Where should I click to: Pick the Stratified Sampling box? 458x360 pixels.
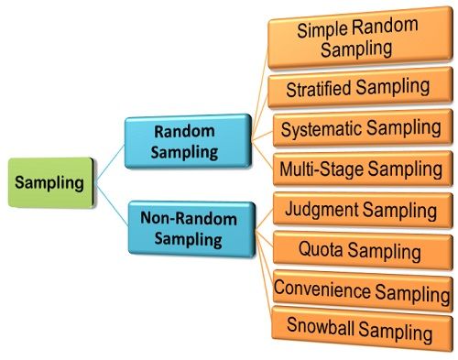(358, 89)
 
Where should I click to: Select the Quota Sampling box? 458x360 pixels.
(359, 249)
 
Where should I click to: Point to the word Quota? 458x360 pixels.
(322, 249)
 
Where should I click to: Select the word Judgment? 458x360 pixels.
(321, 210)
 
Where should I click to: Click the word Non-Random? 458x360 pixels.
(190, 218)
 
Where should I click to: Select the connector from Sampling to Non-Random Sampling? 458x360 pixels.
(110, 203)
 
